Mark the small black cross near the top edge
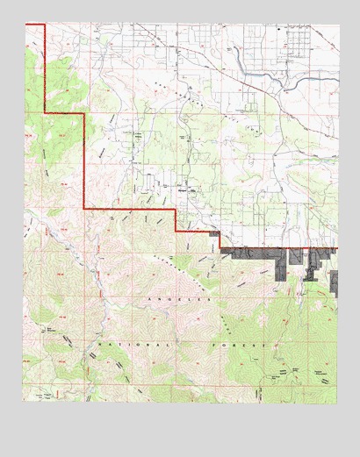coord(278,29)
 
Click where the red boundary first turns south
coord(44,25)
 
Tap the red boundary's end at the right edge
coord(335,248)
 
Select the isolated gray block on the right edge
coord(334,281)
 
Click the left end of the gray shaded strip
coord(222,253)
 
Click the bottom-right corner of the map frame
coord(336,403)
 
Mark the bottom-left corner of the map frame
coord(24,403)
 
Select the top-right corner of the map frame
coord(336,24)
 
